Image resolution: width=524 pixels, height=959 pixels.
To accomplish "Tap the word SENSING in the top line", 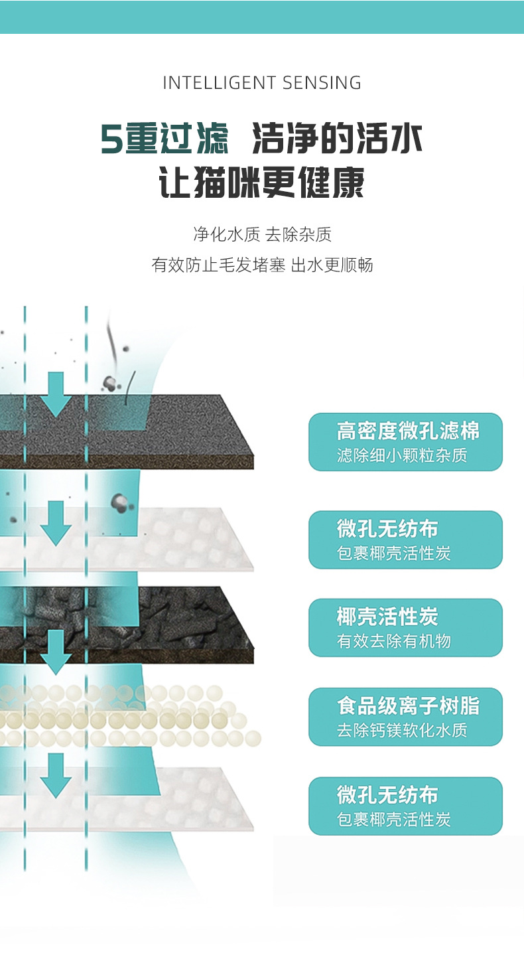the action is (x=322, y=83).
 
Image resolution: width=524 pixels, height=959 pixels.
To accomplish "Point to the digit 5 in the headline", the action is (x=111, y=139).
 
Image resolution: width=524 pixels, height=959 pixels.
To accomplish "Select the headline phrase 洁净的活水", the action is (x=338, y=139).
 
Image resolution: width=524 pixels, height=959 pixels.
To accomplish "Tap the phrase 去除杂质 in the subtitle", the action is (x=298, y=234).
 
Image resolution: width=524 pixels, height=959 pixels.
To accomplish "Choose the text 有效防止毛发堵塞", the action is (x=219, y=265).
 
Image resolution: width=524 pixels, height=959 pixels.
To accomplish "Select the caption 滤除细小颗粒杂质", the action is (x=402, y=456).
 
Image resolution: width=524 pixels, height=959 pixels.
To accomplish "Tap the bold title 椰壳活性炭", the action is (x=387, y=617).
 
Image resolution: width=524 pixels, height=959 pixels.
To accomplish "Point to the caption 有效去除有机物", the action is (x=394, y=641).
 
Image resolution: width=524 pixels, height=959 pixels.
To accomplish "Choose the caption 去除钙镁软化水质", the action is (x=402, y=731).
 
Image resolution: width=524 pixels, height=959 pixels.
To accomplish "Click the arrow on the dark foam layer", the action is (x=56, y=394).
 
